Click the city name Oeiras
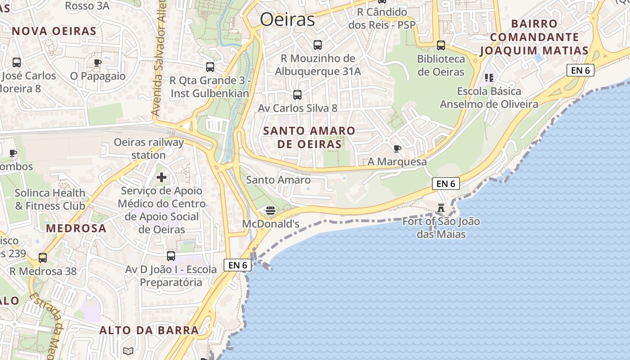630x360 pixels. pos(288,20)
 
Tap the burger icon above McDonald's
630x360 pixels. pos(270,210)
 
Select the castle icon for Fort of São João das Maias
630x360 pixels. pos(441,208)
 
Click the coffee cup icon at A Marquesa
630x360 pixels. pos(397,148)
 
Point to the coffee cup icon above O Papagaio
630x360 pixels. pos(97,63)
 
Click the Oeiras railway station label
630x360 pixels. pos(148,148)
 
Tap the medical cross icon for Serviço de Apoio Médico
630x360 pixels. pos(161,177)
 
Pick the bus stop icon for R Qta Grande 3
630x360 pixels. pos(210,67)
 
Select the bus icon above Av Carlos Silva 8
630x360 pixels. pos(297,95)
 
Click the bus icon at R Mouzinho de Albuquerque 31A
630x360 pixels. pos(318,45)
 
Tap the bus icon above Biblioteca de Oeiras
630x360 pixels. pos(441,45)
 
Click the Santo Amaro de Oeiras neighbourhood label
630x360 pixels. pos(309,138)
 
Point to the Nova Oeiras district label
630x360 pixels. pos(54,31)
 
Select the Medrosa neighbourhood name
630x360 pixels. pos(76,228)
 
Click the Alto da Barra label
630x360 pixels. pos(149,330)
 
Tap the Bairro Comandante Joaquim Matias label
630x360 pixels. pos(534,37)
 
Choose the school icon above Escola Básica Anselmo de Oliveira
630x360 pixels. pos(489,78)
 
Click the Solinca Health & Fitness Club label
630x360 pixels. pos(50,199)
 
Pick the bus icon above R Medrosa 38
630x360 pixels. pos(43,258)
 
